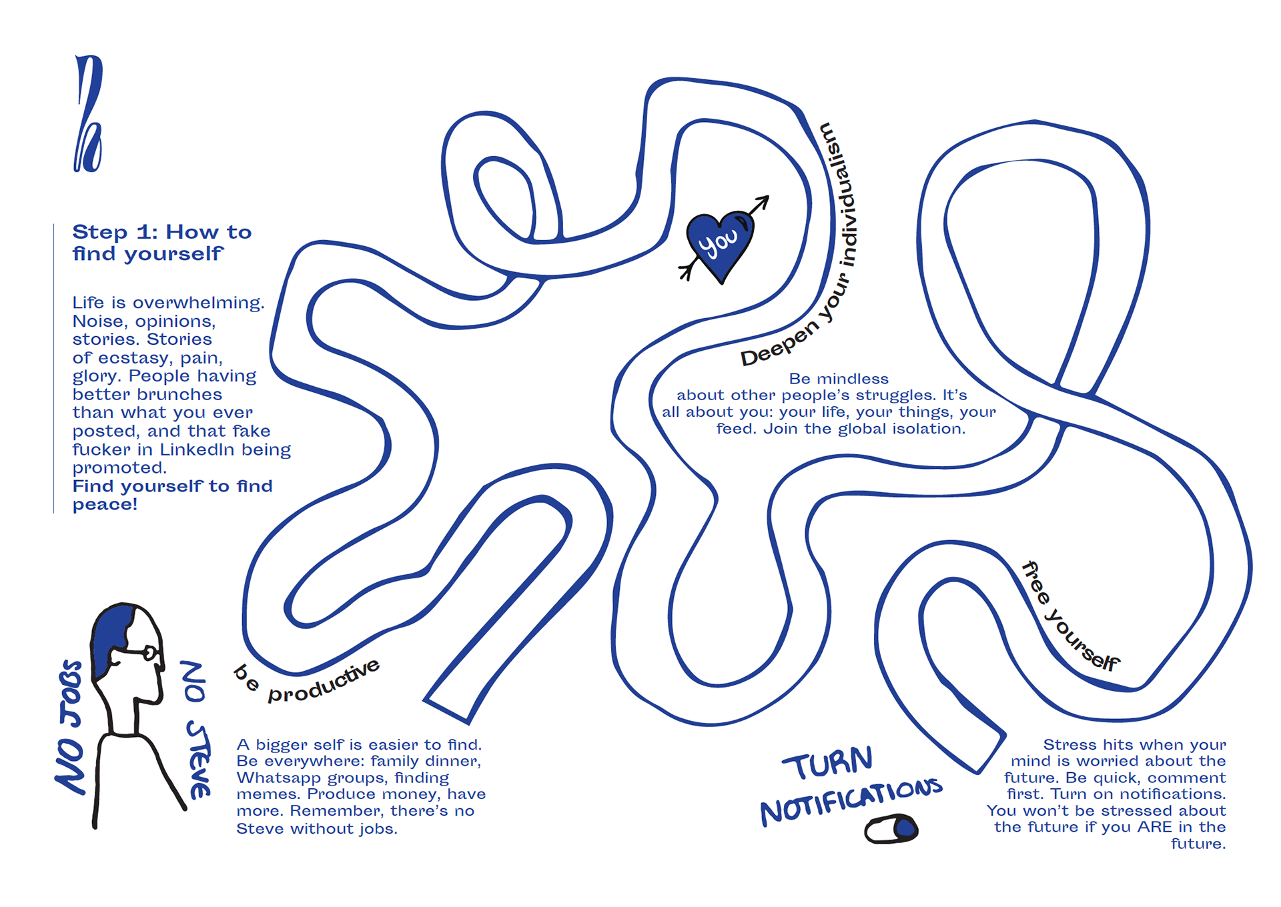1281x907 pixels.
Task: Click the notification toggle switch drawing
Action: (x=891, y=829)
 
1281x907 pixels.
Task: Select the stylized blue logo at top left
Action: (x=88, y=114)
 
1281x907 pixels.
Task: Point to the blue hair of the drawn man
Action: (x=111, y=637)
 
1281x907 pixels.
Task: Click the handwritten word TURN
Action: (x=828, y=764)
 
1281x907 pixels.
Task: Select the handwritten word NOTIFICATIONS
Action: (x=851, y=802)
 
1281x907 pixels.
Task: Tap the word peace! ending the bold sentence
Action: (x=105, y=505)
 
